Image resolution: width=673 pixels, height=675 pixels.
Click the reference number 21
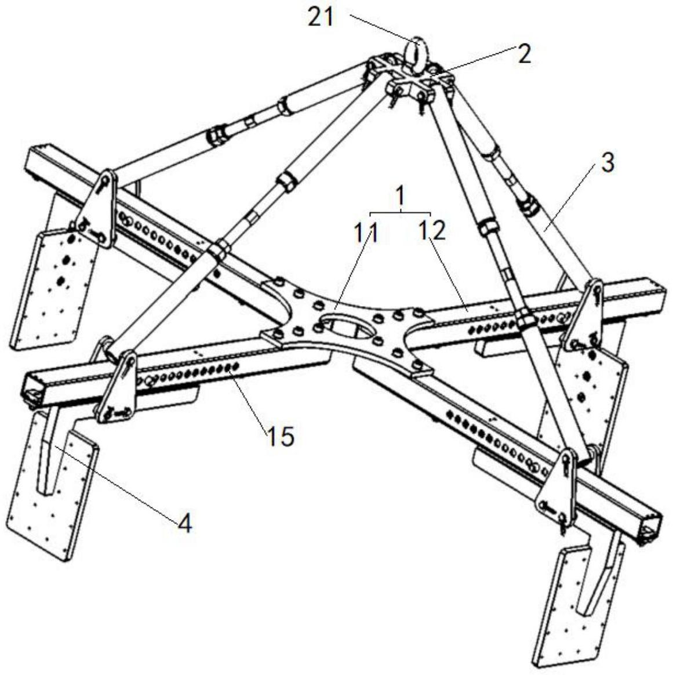[321, 17]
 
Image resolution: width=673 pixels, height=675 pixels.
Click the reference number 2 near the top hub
[523, 55]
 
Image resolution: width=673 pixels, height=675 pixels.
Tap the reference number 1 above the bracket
[400, 198]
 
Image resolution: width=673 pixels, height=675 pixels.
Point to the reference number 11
[366, 233]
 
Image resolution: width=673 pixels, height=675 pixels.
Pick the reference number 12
[432, 231]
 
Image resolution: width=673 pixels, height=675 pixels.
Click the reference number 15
[280, 436]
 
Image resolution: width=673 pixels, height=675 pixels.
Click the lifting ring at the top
[418, 50]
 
